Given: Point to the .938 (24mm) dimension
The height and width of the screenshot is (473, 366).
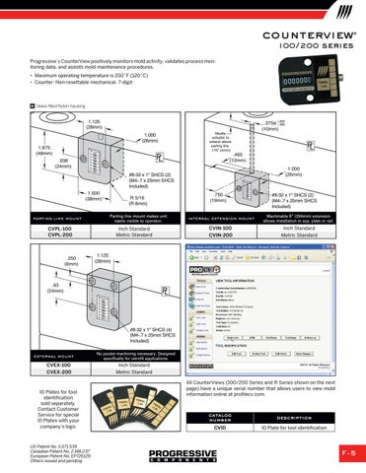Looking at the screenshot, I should click(60, 164).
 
